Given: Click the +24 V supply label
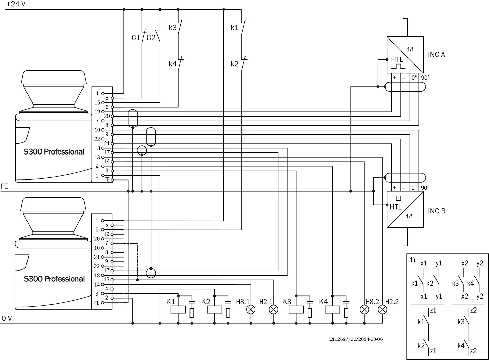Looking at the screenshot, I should [16, 4].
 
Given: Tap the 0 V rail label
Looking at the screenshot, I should [7, 318].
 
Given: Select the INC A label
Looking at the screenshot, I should [436, 55].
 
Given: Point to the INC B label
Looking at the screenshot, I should [437, 211].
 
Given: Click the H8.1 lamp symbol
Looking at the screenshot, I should [251, 310].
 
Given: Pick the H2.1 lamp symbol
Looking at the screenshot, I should [274, 310].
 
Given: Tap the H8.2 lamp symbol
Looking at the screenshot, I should [364, 310].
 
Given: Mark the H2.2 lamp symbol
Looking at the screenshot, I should [383, 310].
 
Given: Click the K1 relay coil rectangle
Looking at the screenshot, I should [178, 310].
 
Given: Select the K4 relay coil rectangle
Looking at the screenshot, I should [333, 310].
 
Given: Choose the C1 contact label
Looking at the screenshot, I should [136, 38].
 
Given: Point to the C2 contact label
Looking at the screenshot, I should [151, 38].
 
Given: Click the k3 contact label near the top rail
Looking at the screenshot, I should [173, 28].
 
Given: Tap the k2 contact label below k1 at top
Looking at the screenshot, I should [234, 64].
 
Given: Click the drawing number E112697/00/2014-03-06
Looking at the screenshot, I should [356, 339].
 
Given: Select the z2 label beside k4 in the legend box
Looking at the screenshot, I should [473, 351].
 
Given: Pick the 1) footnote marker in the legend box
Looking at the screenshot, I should [412, 260].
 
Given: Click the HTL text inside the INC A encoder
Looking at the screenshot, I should [397, 60].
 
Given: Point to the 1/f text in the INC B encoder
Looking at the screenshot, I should [409, 216].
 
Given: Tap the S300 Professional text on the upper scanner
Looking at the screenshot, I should [54, 152].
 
